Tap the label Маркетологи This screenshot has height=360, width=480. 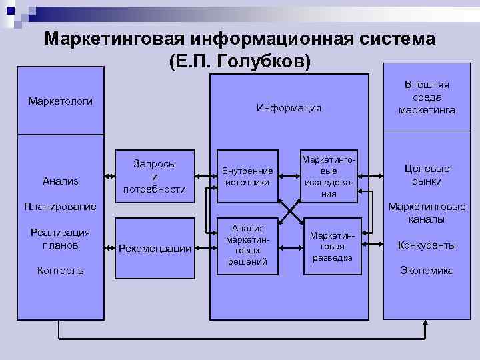[x=61, y=101]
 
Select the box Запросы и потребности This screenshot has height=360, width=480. [x=155, y=176]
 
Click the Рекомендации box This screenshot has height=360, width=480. [x=155, y=249]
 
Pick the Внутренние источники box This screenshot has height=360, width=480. [x=247, y=176]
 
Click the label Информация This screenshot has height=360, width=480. [x=289, y=107]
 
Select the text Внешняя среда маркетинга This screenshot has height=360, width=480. [x=427, y=97]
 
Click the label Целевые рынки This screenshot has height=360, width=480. [x=427, y=175]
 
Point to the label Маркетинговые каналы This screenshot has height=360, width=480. [x=427, y=213]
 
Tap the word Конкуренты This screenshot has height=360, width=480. [x=427, y=245]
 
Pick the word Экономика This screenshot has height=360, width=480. [x=427, y=270]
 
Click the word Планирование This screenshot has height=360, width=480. [x=61, y=206]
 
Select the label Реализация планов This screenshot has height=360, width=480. [x=61, y=239]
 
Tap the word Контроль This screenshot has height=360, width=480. [x=61, y=270]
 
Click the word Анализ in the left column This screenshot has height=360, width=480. [x=61, y=180]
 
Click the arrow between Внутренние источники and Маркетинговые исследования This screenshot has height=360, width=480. [x=290, y=176]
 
